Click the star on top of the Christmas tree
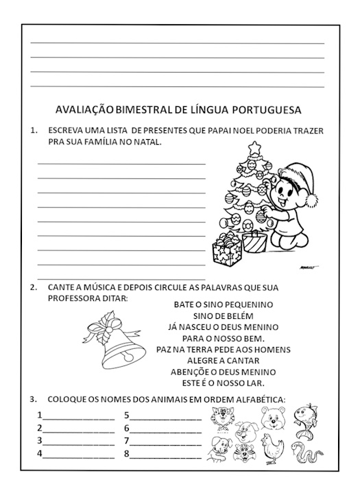tap(255, 147)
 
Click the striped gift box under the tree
tap(254, 242)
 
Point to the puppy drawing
tap(219, 448)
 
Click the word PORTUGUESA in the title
tap(269, 110)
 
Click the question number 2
tap(33, 287)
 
